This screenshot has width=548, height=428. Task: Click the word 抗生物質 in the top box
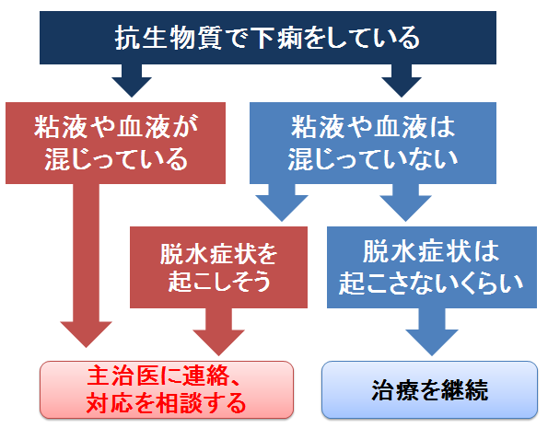coord(169,38)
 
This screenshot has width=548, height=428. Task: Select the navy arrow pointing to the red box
coord(132,80)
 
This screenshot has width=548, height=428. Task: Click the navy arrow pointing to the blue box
coord(402,80)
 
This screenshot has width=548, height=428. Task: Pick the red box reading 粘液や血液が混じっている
coord(115,143)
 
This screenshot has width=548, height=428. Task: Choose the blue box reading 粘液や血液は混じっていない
coord(373,143)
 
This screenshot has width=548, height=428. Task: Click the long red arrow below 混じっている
coord(86,265)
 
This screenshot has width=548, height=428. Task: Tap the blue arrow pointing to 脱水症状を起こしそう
coord(282,202)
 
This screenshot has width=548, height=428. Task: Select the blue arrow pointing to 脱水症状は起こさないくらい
coord(405,202)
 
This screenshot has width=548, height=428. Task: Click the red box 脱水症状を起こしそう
coord(219,267)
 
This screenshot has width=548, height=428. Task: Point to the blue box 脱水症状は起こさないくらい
coord(432,267)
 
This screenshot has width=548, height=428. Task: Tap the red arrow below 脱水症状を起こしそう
coord(218,332)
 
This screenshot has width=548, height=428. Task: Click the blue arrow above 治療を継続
coord(432,332)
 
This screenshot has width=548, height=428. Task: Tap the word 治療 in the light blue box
coord(394,390)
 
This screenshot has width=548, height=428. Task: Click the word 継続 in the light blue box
coord(464,390)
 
